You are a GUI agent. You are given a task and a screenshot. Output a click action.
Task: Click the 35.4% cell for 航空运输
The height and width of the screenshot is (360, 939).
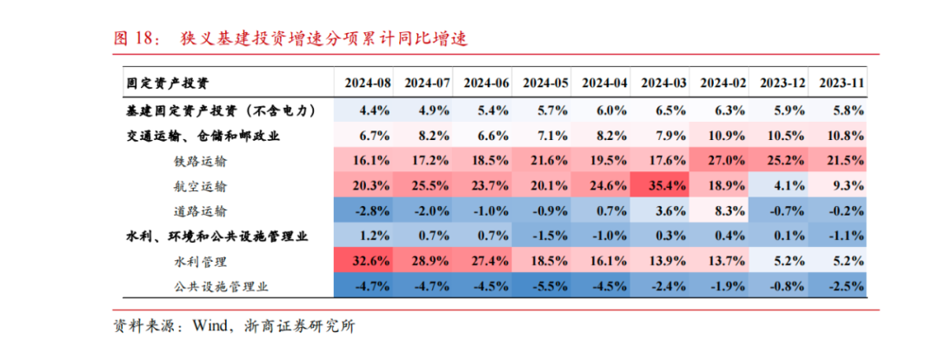(x=664, y=185)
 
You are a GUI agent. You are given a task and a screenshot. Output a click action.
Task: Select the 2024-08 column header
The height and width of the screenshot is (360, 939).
(x=368, y=83)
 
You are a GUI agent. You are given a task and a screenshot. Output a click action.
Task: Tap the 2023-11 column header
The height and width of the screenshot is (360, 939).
(x=841, y=83)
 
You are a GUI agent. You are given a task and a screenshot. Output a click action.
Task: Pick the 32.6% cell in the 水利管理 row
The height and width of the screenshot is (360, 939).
(x=368, y=261)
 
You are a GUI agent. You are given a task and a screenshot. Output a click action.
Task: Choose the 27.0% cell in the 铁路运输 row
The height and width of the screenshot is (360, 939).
(x=723, y=161)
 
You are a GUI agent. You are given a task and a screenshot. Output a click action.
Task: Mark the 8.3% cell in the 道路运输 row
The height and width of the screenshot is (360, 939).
(x=723, y=210)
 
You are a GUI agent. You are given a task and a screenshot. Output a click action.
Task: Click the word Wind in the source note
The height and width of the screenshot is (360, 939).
(x=210, y=326)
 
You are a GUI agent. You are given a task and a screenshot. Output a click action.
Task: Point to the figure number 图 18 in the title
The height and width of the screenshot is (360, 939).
(x=134, y=38)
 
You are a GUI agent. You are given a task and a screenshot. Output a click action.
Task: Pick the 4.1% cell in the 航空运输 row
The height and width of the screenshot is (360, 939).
(x=782, y=185)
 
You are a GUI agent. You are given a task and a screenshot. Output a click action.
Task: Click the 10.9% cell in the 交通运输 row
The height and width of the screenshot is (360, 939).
(x=723, y=136)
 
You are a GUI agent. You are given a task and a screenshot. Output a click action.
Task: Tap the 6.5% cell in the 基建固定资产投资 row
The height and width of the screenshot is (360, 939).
(x=664, y=110)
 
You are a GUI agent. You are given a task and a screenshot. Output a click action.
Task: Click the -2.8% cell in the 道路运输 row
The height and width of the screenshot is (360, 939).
(x=368, y=210)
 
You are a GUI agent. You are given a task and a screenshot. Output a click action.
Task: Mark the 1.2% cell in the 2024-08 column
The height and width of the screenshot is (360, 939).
(x=368, y=236)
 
